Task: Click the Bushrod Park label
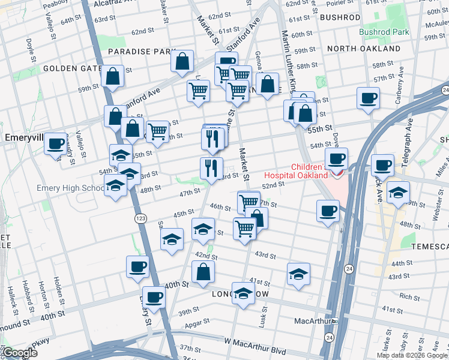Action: tap(384, 32)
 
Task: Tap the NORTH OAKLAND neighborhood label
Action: tap(364, 48)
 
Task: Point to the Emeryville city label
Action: tap(22, 137)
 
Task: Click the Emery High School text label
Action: tap(70, 188)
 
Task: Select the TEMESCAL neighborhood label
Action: tap(430, 247)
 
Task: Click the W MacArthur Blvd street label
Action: tap(255, 341)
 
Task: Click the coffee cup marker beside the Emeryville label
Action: tap(56, 144)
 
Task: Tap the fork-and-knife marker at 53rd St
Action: tap(211, 167)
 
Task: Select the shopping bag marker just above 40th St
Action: tap(203, 271)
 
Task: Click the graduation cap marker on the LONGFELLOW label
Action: tap(243, 293)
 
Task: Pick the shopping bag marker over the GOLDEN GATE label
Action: tap(112, 76)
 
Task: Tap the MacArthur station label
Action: tap(313, 321)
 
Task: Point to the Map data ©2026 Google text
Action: tap(412, 355)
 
